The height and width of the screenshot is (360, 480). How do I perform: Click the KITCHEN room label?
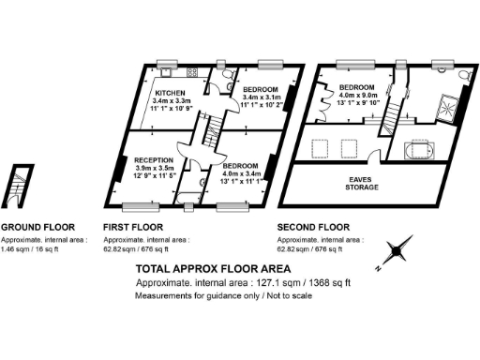170,93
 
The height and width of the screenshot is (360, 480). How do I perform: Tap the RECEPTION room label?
153,159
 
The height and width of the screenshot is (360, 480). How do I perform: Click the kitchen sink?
169,71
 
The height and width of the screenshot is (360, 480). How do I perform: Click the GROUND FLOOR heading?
37,228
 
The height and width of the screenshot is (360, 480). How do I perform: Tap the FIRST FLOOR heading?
133,228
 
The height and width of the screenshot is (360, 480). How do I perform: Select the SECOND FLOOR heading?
313,228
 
